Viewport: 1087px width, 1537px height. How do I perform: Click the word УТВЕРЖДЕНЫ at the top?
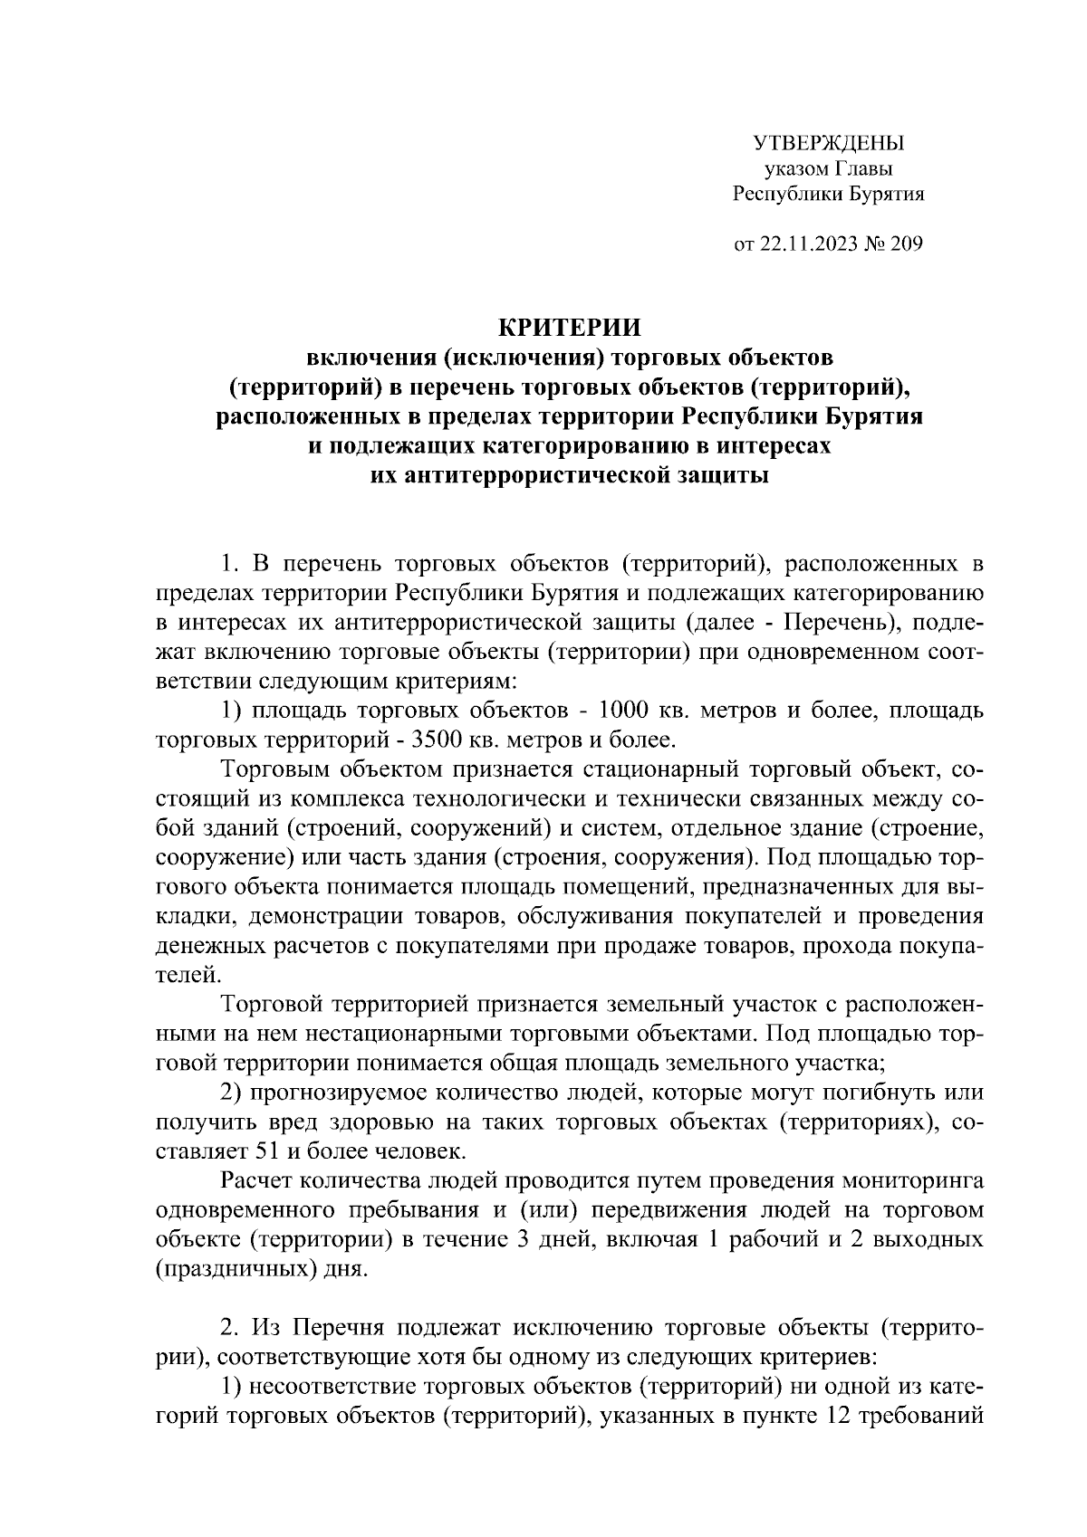[x=829, y=143]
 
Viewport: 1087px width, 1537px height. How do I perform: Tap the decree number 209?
[x=906, y=243]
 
